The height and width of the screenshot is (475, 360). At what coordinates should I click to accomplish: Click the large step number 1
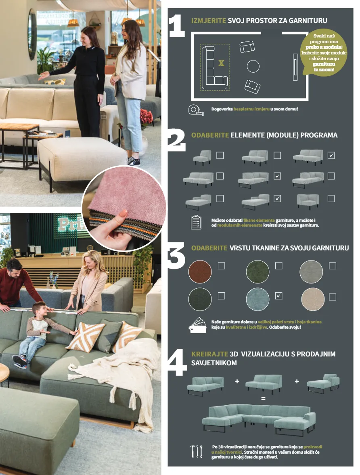[177, 26]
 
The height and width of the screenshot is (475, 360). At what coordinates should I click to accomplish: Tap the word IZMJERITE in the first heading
[208, 21]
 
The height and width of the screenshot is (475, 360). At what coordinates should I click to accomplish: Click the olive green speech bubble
[323, 53]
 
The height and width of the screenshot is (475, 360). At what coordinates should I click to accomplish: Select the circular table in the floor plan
[253, 67]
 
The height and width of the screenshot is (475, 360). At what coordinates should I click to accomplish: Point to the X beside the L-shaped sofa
[222, 63]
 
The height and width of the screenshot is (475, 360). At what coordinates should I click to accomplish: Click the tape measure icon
[196, 110]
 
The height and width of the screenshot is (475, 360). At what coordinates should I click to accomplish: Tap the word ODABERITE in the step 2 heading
[210, 135]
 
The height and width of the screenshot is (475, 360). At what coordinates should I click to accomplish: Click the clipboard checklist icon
[196, 222]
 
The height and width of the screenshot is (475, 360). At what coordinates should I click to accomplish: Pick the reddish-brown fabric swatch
[200, 271]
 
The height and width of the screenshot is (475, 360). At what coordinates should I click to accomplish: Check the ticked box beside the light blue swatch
[278, 296]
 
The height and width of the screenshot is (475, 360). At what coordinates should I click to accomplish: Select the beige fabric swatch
[313, 299]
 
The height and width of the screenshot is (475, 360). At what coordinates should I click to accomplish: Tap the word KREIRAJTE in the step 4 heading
[209, 354]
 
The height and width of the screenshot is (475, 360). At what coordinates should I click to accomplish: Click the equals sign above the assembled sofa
[263, 399]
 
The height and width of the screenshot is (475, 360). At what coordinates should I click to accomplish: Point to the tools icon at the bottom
[196, 451]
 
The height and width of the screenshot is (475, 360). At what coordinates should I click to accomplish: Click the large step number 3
[176, 255]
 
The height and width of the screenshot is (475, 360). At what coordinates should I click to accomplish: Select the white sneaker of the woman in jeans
[134, 162]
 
